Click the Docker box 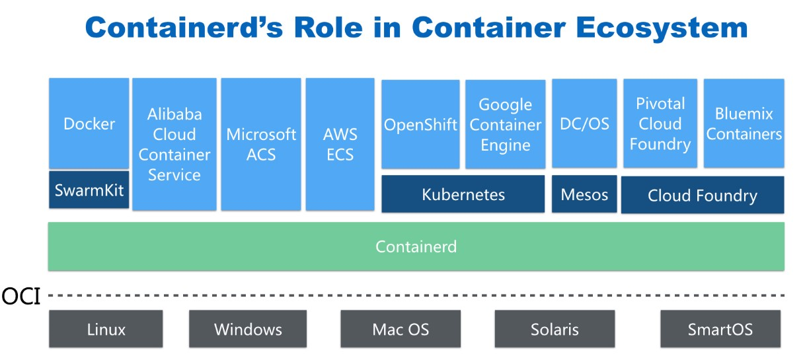click(x=89, y=124)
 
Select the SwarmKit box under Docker click(x=89, y=190)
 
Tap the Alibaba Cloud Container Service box click(x=174, y=144)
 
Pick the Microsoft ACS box click(x=261, y=144)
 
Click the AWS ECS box click(x=340, y=144)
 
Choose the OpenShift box click(x=420, y=124)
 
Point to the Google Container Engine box click(x=506, y=124)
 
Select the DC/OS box click(x=584, y=124)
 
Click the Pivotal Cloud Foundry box click(x=660, y=124)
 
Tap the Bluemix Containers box click(x=744, y=124)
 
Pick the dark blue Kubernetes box click(x=463, y=194)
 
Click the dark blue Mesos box click(x=584, y=194)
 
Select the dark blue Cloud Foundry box click(x=703, y=195)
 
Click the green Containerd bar click(x=416, y=247)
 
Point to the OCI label click(x=20, y=296)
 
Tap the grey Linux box click(x=106, y=329)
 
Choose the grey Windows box click(x=248, y=329)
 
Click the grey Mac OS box click(x=401, y=329)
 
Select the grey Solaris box click(x=555, y=329)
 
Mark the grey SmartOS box click(x=720, y=329)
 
